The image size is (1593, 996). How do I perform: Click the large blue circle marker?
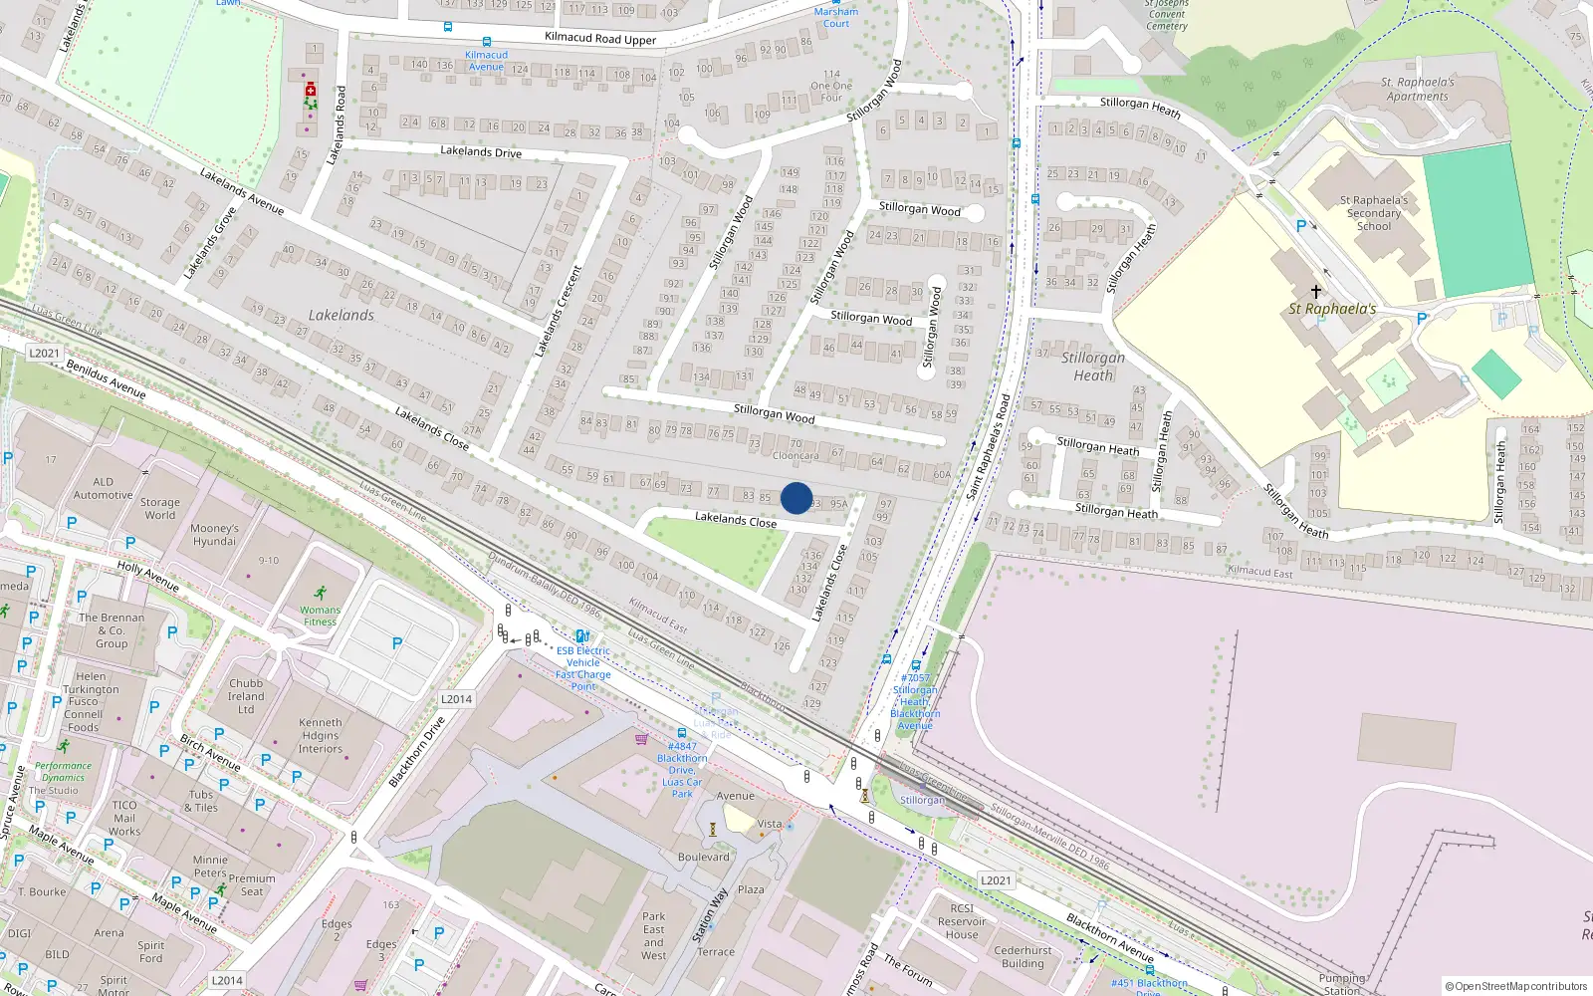796,498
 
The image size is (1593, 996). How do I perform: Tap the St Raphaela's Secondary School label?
1374,213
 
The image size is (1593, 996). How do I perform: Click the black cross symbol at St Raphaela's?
1315,292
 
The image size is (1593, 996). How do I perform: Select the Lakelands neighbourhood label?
341,315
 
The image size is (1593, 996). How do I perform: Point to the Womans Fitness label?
320,616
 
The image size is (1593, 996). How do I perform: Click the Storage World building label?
159,509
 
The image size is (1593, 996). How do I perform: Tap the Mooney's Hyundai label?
214,535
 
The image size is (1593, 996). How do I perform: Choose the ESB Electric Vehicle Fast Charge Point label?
583,668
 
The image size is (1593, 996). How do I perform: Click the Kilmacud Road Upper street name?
600,39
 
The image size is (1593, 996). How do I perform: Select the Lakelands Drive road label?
481,151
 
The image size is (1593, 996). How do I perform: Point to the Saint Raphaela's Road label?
988,447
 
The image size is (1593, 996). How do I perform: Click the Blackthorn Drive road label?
416,752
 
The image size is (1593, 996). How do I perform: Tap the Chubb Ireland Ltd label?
246,696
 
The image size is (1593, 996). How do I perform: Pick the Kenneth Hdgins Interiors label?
320,736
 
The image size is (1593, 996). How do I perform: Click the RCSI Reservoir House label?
962,921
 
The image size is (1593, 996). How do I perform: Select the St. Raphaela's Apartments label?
1417,90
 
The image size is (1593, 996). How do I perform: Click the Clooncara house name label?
796,456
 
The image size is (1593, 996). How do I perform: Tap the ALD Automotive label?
103,488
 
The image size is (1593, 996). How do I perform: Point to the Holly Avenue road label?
147,576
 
